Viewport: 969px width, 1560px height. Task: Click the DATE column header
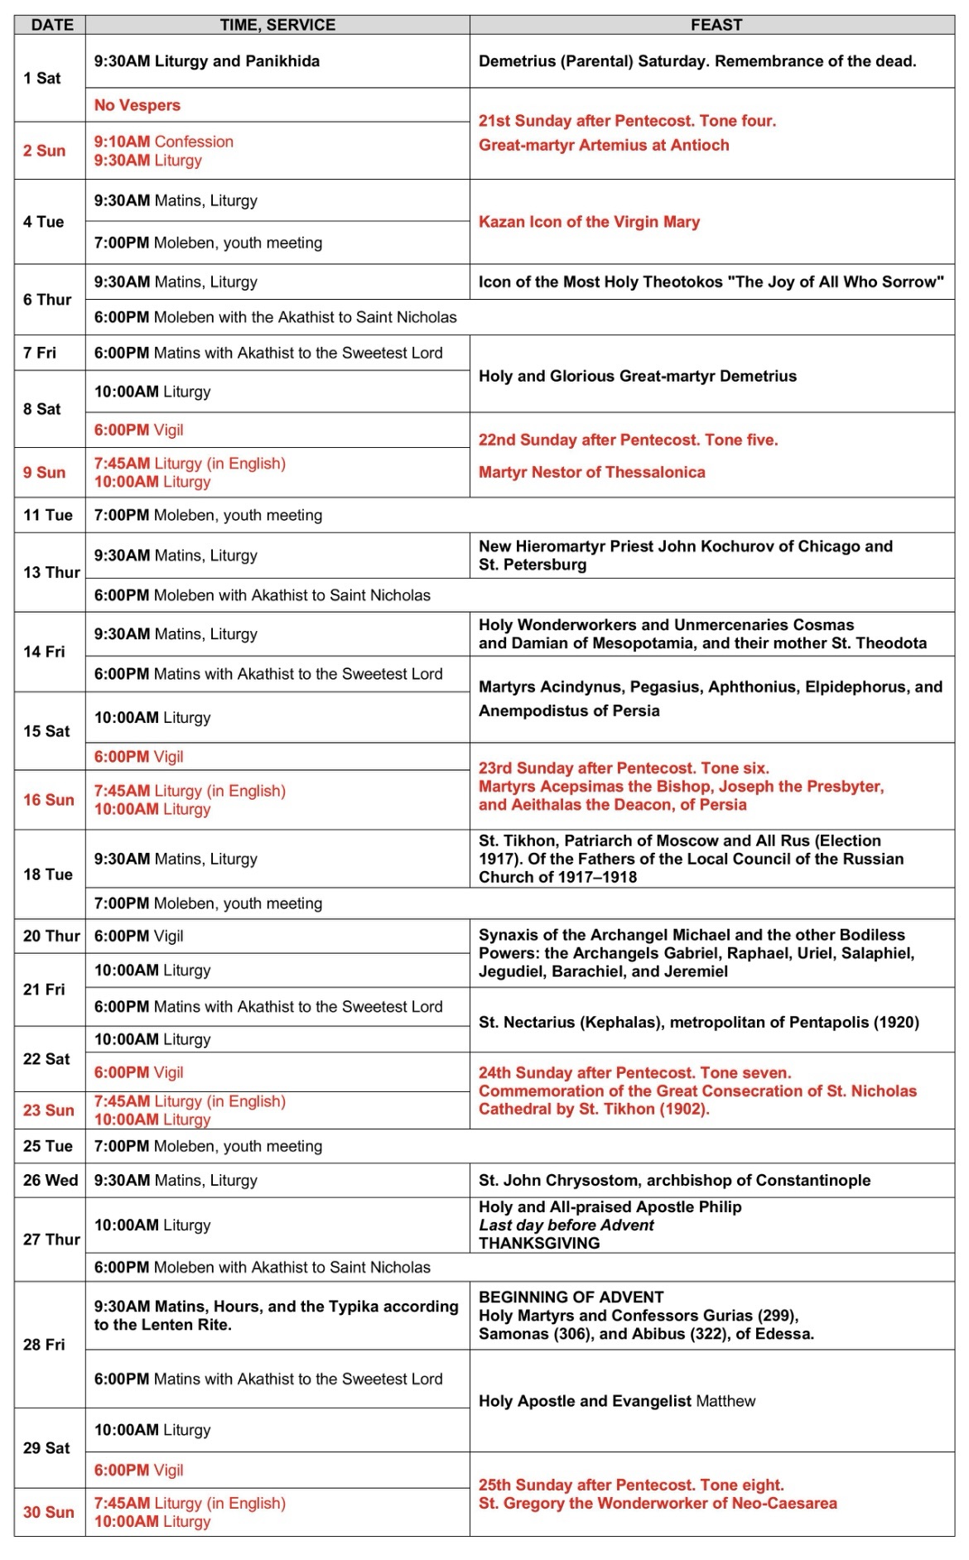click(51, 25)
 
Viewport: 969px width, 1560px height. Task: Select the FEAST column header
click(716, 25)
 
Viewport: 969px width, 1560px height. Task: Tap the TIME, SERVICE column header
click(277, 25)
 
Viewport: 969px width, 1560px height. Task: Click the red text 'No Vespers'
click(137, 105)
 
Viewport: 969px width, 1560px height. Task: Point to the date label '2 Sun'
click(44, 151)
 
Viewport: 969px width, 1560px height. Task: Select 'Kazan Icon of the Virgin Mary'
click(589, 222)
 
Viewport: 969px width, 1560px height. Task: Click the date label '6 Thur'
click(47, 300)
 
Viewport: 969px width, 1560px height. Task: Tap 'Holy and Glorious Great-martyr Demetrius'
click(637, 376)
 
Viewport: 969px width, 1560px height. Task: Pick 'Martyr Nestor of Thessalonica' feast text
click(591, 472)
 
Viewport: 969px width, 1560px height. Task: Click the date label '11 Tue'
click(47, 515)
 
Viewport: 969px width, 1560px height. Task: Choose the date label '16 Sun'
click(48, 800)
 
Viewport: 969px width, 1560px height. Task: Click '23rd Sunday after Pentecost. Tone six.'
click(624, 768)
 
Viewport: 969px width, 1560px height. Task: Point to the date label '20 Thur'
click(51, 936)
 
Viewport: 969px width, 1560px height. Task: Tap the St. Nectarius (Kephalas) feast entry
click(698, 1023)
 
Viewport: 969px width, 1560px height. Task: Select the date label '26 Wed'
click(51, 1181)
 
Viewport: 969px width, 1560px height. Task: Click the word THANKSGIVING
click(539, 1243)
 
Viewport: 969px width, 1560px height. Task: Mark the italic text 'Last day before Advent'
click(566, 1225)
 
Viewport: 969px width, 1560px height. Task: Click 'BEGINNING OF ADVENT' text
click(571, 1297)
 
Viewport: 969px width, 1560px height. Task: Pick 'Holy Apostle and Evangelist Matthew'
click(616, 1401)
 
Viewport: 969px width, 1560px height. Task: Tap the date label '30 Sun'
click(48, 1512)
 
